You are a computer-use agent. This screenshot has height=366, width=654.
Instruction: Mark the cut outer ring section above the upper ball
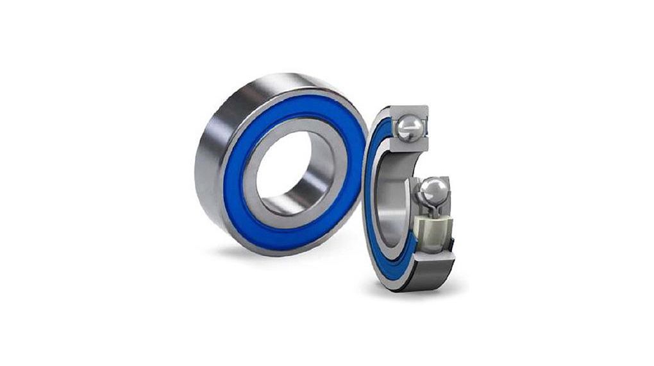click(x=410, y=110)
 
